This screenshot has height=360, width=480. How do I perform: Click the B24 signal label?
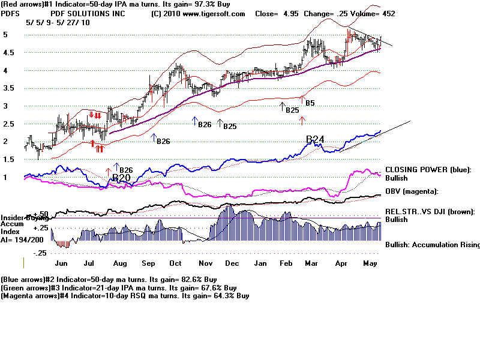point(315,140)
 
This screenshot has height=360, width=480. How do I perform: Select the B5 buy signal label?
point(310,103)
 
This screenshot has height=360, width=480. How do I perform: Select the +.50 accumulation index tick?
point(41,214)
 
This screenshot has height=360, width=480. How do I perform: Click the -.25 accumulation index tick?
point(41,253)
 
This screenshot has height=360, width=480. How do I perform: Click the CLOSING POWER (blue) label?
point(428,170)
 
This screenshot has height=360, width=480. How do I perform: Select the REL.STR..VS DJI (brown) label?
point(430,212)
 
